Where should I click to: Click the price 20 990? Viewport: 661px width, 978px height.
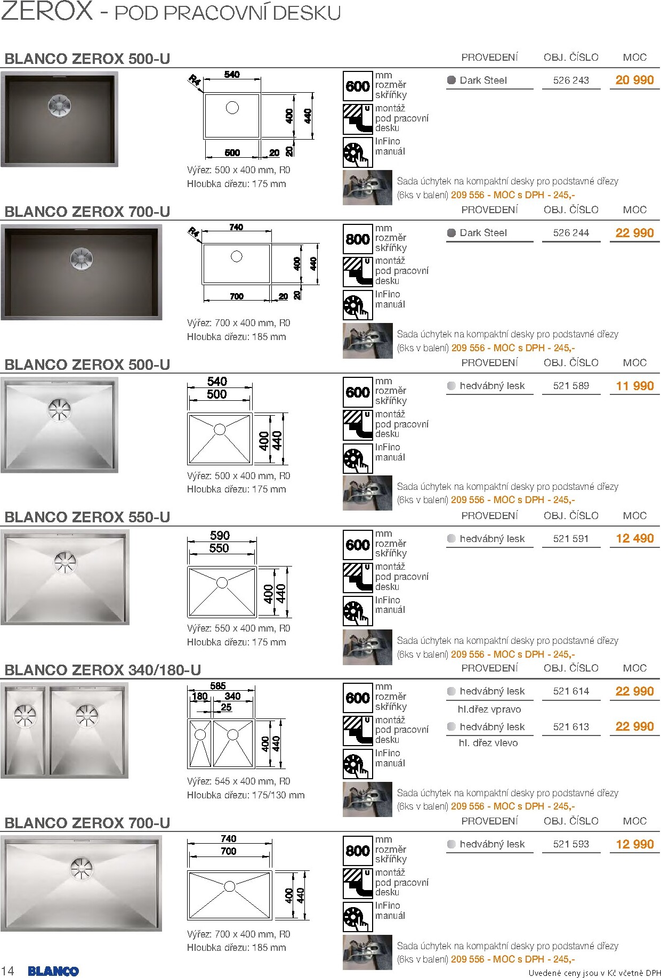[634, 80]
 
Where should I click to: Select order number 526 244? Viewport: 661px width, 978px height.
[571, 233]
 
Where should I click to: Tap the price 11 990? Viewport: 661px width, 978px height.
[634, 386]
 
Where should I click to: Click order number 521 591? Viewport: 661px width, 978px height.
[571, 539]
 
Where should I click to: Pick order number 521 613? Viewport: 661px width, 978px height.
[571, 727]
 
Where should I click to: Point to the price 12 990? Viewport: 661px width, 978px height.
[634, 844]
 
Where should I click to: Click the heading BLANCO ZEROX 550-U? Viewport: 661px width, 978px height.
[87, 517]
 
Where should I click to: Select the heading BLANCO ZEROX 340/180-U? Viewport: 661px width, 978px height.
[103, 670]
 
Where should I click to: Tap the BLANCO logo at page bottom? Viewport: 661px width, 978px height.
[53, 971]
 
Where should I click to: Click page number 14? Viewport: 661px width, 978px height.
[8, 971]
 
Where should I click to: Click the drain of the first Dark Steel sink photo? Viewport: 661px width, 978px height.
[58, 106]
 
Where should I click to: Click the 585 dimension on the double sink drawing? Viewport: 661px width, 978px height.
[218, 686]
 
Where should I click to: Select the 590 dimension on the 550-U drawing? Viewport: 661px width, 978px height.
[220, 535]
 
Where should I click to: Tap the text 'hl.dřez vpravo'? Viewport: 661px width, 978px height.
[489, 709]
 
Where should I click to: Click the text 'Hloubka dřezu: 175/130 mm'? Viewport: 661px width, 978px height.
[246, 795]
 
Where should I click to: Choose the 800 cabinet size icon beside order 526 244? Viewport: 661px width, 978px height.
[357, 239]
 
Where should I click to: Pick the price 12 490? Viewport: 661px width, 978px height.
[634, 539]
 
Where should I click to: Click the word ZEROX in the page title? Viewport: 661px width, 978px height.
[47, 11]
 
